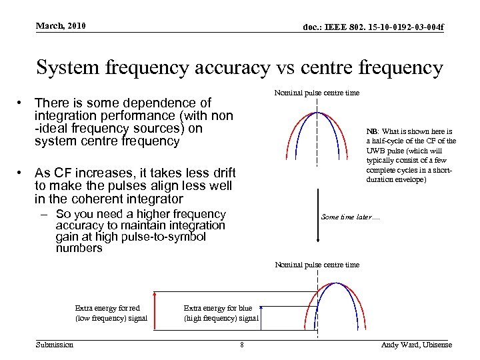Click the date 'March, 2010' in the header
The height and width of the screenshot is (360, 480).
point(61,26)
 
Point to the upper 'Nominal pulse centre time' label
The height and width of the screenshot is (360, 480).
point(317,93)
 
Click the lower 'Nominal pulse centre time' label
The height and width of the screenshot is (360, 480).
point(317,265)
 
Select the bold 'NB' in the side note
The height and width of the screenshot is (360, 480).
point(372,131)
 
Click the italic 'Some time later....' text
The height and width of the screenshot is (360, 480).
point(350,217)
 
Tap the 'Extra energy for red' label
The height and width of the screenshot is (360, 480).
point(107,308)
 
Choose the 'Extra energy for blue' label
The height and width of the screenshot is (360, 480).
point(218,308)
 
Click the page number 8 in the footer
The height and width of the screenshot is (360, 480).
point(241,345)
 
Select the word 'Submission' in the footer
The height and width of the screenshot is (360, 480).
point(55,344)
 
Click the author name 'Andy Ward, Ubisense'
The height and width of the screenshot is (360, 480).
point(416,345)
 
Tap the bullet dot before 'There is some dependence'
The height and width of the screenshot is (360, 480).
point(22,103)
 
